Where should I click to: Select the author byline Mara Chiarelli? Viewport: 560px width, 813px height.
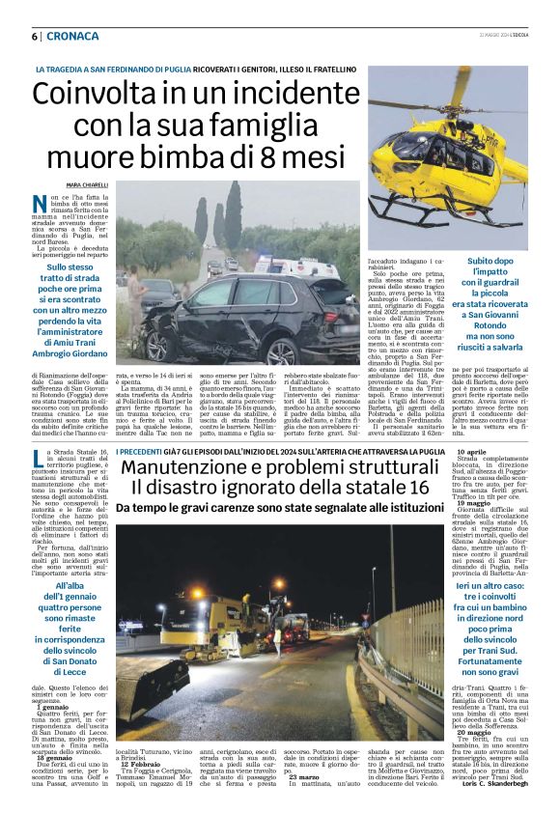86,184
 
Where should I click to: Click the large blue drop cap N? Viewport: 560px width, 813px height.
40,205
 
